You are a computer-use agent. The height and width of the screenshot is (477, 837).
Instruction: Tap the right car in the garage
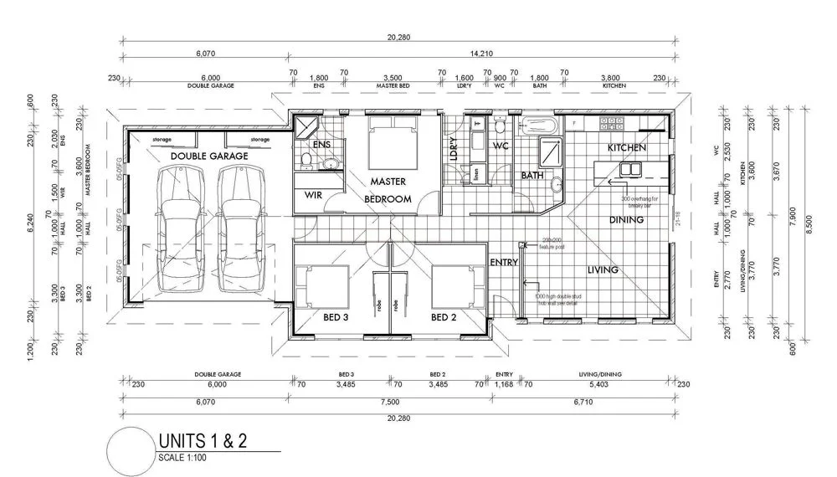pos(239,226)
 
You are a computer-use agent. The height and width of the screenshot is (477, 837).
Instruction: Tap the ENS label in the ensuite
pos(322,145)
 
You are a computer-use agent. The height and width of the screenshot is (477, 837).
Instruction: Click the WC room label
pos(501,146)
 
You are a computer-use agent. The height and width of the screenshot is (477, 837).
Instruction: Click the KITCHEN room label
pos(627,147)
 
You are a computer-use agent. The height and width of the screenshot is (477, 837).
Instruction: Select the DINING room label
pos(627,220)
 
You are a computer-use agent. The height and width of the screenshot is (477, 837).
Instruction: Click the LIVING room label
pos(602,269)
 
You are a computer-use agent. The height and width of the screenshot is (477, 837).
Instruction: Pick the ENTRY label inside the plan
pos(504,263)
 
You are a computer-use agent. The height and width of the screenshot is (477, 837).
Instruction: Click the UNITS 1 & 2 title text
pos(202,441)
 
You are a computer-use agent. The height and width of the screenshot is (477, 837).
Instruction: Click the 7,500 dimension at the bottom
pos(390,401)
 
